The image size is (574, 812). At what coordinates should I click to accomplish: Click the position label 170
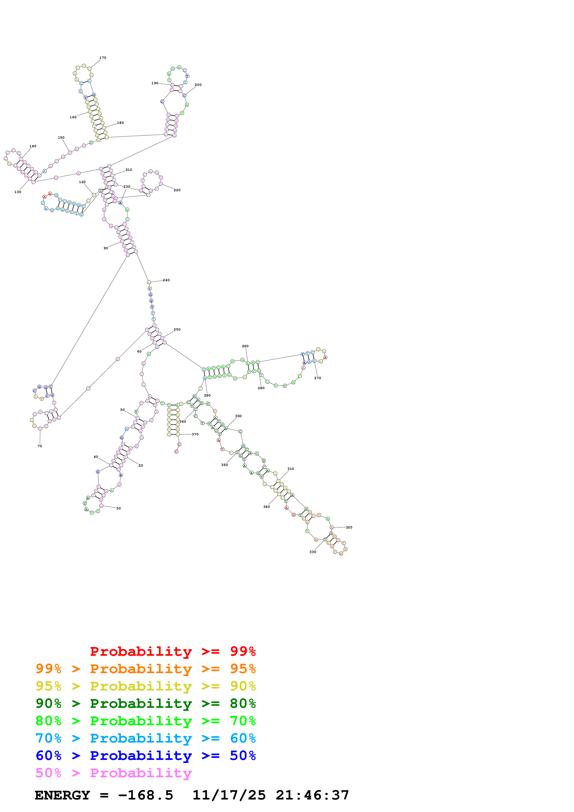103,58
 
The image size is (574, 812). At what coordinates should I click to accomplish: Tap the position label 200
198,85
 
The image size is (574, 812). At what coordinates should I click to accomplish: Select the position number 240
166,280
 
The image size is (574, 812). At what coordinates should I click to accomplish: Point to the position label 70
40,446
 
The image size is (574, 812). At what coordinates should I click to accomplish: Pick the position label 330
313,552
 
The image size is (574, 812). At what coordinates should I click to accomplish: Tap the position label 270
318,378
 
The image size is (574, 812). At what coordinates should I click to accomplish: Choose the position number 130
18,192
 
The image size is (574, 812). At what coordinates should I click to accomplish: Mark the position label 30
119,508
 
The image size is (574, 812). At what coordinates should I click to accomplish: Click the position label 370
195,434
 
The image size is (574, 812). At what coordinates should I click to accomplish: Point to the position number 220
177,190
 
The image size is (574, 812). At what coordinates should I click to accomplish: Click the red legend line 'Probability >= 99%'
173,651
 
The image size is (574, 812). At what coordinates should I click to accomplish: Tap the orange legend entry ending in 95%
145,669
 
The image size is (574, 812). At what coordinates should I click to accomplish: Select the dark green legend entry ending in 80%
145,703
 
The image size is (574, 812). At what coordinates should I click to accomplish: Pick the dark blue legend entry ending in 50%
145,756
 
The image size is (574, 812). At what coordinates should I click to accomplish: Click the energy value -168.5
145,795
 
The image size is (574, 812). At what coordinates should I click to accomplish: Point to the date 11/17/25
229,795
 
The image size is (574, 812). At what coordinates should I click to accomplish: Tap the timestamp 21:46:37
312,795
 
